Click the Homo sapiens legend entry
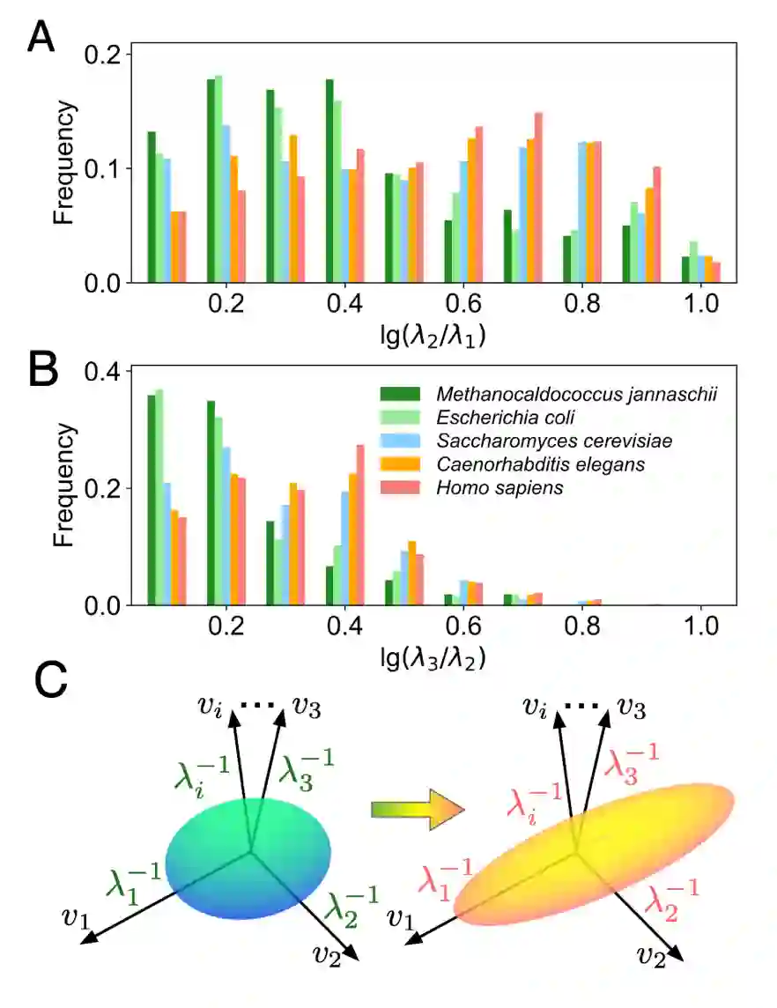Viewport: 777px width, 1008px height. point(492,487)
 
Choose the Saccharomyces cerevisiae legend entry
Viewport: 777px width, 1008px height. point(537,440)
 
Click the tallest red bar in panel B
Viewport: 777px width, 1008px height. point(360,524)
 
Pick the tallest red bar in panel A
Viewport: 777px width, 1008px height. point(538,197)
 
